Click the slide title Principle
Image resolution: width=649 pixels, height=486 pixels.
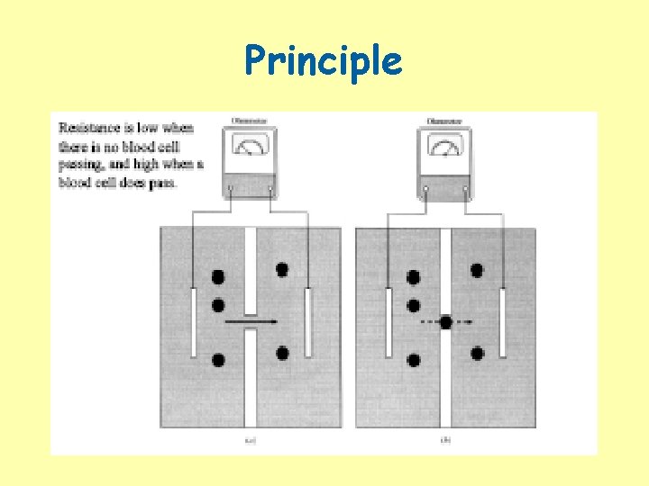tap(324, 61)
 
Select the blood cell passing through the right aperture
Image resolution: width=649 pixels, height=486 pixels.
tap(445, 321)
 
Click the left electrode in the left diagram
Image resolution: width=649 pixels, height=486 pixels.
tap(194, 322)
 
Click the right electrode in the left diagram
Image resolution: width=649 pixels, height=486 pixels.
tap(308, 322)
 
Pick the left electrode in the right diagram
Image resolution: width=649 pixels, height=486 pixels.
tap(388, 322)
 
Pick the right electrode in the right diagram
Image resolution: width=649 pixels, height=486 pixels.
tap(502, 322)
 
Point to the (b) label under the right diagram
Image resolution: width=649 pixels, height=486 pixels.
tap(445, 441)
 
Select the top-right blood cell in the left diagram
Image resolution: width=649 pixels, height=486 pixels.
tap(282, 269)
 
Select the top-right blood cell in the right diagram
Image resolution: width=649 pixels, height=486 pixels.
tap(477, 269)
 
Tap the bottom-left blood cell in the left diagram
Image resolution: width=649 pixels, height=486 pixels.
tap(218, 360)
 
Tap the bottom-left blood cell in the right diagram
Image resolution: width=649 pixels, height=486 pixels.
tap(414, 360)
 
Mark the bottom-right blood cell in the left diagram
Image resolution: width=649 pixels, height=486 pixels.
tap(282, 353)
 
